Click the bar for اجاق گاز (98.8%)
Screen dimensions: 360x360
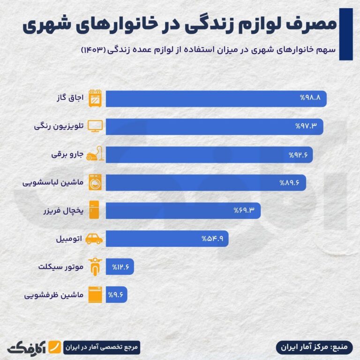(x=216, y=99)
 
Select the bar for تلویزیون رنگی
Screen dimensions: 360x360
(x=214, y=127)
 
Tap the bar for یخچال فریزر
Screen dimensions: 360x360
(x=183, y=210)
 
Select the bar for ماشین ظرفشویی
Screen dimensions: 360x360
(x=115, y=295)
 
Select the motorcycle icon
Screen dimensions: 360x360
(x=95, y=267)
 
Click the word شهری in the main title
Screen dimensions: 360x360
(x=47, y=25)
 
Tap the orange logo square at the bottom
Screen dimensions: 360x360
(x=55, y=348)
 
